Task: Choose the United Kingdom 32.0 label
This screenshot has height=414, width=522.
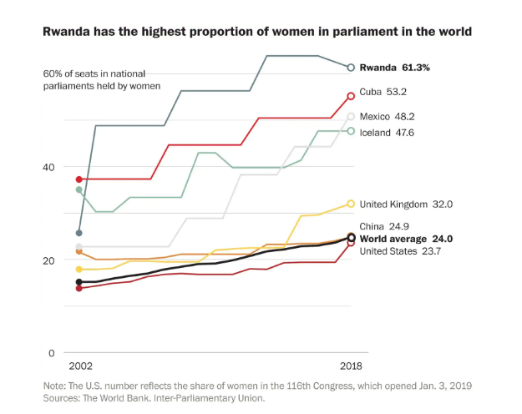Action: pyautogui.click(x=406, y=204)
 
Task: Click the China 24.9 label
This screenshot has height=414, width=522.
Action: pyautogui.click(x=383, y=226)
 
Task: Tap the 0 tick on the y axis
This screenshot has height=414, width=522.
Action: pyautogui.click(x=52, y=353)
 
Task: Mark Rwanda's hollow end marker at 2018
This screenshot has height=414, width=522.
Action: pyautogui.click(x=351, y=68)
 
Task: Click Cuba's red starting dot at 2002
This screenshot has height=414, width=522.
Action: pyautogui.click(x=79, y=179)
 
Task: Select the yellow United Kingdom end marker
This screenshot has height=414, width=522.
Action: pyautogui.click(x=351, y=204)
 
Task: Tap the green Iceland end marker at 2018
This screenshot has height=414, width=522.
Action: pyautogui.click(x=351, y=131)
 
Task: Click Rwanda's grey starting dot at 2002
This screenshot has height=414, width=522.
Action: pyautogui.click(x=79, y=233)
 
